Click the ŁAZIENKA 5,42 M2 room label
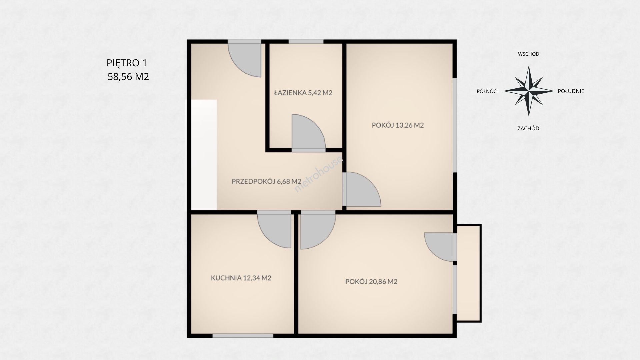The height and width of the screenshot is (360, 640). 303,93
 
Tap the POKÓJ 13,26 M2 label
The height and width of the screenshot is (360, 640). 398,125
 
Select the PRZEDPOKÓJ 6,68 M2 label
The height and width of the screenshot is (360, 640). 266,181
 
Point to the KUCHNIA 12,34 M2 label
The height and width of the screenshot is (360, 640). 241,278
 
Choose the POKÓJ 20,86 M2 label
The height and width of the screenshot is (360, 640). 371,282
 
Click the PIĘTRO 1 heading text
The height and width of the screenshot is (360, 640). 127,63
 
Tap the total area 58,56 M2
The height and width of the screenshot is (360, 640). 128,77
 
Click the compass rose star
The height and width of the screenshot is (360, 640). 529,91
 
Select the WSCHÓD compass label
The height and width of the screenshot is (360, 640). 528,54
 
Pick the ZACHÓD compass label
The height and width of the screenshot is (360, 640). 528,128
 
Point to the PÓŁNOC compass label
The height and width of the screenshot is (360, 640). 487,91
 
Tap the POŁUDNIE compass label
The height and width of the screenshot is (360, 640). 571,91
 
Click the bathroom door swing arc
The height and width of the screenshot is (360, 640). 308,131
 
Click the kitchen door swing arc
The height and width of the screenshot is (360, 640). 274,231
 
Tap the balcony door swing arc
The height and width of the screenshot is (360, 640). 439,247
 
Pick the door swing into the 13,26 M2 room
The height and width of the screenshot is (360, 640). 364,189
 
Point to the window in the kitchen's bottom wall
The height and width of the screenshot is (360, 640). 243,336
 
